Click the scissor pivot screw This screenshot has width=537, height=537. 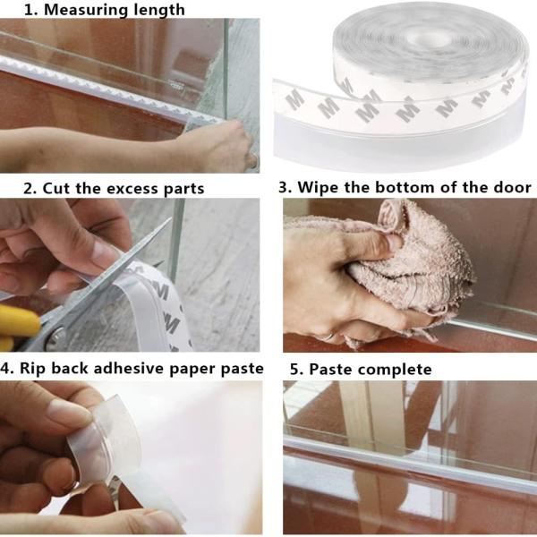pyautogui.click(x=56, y=337)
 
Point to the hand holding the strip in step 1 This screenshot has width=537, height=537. pyautogui.click(x=206, y=143)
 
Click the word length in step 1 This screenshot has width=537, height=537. pyautogui.click(x=161, y=11)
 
